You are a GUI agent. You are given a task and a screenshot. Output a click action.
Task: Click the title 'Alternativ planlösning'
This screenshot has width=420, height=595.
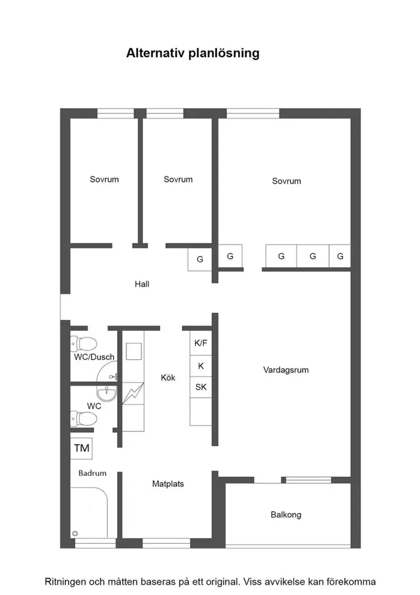193,53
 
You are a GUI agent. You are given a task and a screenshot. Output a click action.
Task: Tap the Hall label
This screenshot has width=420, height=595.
142,284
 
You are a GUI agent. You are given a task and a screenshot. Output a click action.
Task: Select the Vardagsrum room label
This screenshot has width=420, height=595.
286,370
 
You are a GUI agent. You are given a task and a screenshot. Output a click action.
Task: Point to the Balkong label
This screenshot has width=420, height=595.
286,515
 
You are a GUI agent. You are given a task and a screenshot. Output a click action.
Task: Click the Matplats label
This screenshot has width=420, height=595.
168,483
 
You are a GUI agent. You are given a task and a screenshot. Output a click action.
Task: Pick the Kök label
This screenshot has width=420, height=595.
168,377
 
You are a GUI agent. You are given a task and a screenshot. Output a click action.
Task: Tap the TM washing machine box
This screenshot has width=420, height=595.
82,448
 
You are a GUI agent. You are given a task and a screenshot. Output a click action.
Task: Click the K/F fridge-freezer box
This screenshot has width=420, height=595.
201,343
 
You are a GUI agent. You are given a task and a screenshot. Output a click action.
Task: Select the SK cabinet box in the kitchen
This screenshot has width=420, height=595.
201,387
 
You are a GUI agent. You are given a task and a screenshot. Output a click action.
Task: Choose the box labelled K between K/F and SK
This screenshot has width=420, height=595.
201,366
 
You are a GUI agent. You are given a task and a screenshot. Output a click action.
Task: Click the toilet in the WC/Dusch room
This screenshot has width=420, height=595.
83,342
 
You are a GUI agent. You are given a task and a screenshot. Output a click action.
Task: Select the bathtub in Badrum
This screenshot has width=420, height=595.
90,512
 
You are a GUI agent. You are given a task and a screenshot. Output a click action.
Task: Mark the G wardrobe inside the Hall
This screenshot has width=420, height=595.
200,259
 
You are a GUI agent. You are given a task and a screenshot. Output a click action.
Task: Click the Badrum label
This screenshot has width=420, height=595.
93,473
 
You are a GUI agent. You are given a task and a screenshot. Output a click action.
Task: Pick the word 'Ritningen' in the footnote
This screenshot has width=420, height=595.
64,581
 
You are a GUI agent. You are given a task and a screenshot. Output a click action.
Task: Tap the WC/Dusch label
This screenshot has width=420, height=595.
94,357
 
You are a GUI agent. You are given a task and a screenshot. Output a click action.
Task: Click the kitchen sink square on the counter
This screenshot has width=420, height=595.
134,351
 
